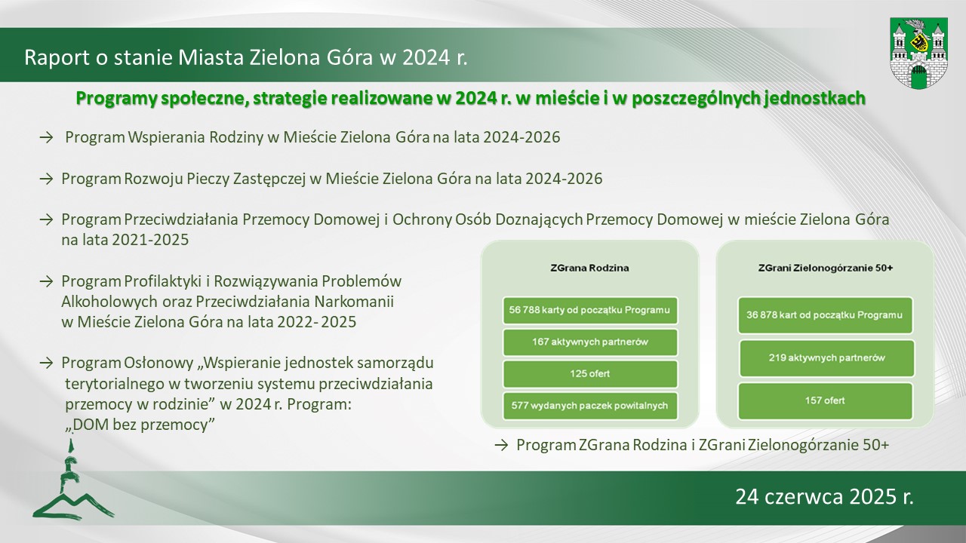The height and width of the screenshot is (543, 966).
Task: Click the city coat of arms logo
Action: tap(918, 53)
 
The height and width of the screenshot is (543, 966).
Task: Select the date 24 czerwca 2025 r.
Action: tap(825, 497)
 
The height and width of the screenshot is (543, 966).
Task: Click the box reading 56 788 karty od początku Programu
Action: tap(590, 310)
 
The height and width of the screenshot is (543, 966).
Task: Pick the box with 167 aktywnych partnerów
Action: tap(590, 342)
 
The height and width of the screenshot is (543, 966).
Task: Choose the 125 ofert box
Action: tap(590, 373)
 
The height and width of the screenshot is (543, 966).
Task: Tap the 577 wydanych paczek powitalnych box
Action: tap(590, 406)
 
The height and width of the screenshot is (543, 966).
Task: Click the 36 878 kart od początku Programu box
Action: tap(825, 315)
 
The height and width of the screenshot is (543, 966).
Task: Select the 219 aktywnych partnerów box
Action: tap(826, 358)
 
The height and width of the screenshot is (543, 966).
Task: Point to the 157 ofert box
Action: tap(825, 400)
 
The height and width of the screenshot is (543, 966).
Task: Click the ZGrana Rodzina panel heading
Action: tap(589, 268)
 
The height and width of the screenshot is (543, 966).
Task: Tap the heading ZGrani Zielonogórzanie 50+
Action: tap(826, 268)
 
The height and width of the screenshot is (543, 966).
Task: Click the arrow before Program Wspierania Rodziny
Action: tap(46, 138)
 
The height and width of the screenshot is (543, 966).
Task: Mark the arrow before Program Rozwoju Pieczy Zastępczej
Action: tap(46, 179)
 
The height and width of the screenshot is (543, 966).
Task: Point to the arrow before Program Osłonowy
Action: tap(46, 364)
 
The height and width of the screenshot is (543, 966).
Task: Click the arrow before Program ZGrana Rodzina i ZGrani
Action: tap(502, 445)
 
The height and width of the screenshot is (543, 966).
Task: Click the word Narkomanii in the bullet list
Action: tap(354, 302)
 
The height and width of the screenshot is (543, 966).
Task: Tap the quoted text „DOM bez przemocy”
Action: tap(140, 425)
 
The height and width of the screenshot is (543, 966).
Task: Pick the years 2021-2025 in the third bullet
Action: tap(150, 240)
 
